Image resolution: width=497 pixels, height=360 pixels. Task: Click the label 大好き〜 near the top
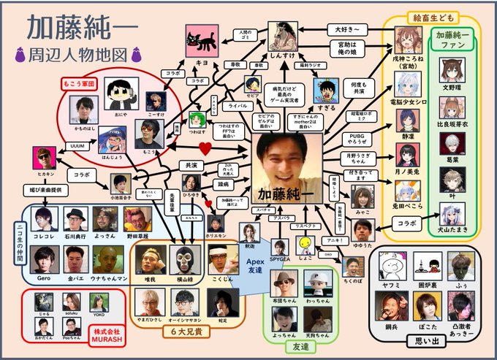[x=346, y=31]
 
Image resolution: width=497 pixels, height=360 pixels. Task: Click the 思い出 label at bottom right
[x=424, y=338]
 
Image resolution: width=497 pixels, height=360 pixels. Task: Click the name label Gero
[x=46, y=279]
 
